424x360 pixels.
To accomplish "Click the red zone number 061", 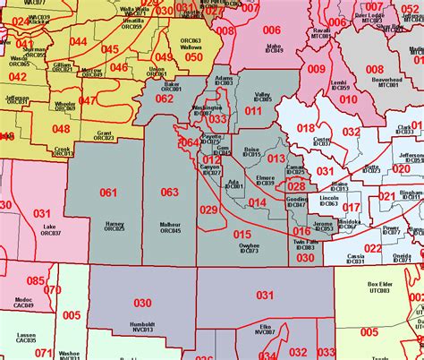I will point(108,193).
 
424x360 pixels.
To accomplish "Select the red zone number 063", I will point(169,192).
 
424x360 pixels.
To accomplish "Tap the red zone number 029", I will point(208,210).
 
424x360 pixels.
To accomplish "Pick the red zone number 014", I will point(258,203).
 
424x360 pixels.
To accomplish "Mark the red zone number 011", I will point(254,112).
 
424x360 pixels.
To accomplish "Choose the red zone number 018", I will point(306,128).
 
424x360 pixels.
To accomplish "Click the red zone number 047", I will point(88,101).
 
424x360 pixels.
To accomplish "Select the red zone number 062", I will point(165,99).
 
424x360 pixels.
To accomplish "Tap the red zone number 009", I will point(317,69).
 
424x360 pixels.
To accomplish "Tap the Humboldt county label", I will point(142,324).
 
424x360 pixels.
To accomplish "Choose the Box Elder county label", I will point(381,287).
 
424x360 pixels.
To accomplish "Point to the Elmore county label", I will point(266,180).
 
